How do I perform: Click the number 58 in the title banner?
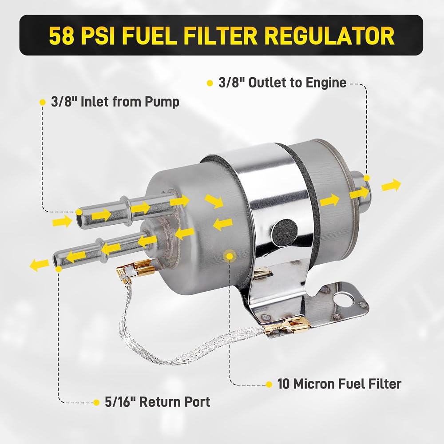[61, 36]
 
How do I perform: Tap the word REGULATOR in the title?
[329, 36]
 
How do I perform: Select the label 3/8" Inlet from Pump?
[115, 102]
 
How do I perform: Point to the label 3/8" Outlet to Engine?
[282, 83]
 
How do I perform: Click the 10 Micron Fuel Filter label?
[339, 384]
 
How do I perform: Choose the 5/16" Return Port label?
[158, 402]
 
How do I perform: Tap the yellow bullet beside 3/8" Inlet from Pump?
[43, 102]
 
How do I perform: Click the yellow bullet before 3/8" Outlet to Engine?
[210, 83]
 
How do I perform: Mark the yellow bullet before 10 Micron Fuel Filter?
[269, 385]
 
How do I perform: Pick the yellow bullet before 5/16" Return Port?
[96, 402]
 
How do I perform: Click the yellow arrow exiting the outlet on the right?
[391, 185]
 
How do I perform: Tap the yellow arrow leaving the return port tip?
[39, 265]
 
